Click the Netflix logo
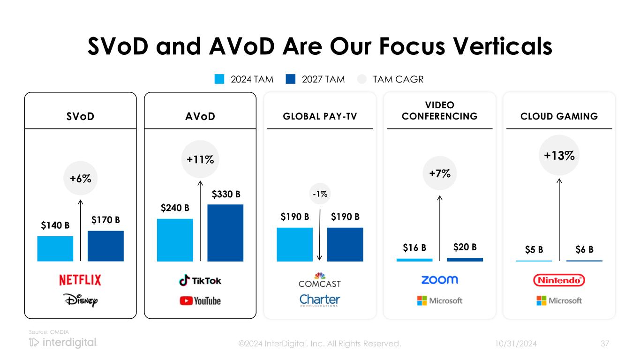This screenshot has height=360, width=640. [x=80, y=280]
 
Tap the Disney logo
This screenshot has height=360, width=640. [x=81, y=300]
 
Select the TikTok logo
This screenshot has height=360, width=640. [x=200, y=280]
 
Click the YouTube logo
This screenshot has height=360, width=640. [x=200, y=300]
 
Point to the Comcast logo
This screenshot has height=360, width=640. [x=320, y=280]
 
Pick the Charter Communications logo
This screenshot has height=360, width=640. [x=320, y=300]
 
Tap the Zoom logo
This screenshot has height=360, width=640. [x=439, y=280]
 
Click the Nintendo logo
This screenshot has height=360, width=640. [x=559, y=280]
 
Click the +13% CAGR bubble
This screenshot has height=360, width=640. [x=559, y=156]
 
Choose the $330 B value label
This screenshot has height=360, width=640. [x=226, y=194]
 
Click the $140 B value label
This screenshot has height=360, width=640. [x=55, y=225]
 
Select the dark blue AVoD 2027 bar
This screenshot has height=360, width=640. [x=225, y=233]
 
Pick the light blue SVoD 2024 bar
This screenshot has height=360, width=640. [x=55, y=248]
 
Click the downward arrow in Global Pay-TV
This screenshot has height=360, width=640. [x=320, y=234]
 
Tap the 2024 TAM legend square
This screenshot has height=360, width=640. [x=219, y=79]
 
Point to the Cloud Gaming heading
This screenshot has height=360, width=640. [x=559, y=116]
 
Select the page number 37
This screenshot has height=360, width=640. [x=605, y=344]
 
